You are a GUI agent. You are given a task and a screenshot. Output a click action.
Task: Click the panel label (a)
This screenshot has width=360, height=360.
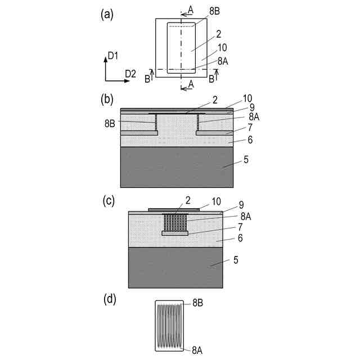tap(107, 15)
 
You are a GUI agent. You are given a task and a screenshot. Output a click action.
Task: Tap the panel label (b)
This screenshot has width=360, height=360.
tap(107, 100)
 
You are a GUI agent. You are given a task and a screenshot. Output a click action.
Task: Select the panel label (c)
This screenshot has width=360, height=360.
tap(109, 201)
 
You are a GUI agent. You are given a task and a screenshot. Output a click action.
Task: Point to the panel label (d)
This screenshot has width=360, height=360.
tap(110, 300)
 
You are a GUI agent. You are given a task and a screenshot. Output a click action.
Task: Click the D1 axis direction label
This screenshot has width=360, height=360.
tap(112, 56)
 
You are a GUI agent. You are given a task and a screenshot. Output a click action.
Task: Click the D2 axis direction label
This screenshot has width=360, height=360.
tap(130, 74)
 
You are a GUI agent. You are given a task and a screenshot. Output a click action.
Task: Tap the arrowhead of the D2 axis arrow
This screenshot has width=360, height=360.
tap(127, 81)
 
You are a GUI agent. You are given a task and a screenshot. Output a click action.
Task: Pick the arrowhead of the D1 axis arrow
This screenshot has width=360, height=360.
tap(106, 60)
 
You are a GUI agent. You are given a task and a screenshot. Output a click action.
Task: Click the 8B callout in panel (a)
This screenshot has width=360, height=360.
tap(214, 11)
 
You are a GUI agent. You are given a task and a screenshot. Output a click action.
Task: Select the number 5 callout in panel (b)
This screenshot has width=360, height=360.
tap(246, 159)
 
